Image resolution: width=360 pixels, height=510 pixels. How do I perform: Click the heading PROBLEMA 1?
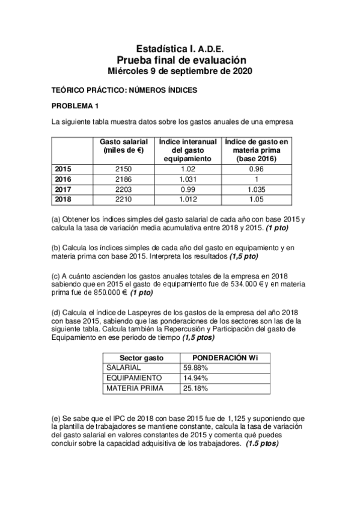coord(75,106)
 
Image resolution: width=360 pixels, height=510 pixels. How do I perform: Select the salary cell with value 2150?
coord(123,169)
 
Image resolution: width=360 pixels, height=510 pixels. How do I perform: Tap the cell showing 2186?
coord(123,179)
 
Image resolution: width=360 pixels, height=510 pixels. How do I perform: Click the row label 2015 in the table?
coord(63,169)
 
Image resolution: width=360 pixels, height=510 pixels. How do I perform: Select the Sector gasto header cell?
coord(141,357)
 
